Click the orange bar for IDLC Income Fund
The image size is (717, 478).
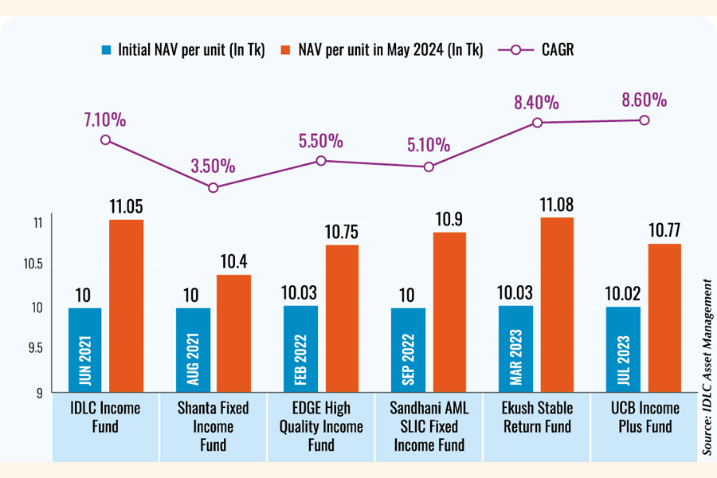tap(126, 307)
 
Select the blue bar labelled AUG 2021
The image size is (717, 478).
tap(193, 351)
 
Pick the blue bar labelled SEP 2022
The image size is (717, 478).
tap(408, 351)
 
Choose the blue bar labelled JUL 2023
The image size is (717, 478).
tap(623, 350)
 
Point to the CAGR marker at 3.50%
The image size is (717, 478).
tap(213, 188)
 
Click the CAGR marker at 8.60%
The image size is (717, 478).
tap(644, 120)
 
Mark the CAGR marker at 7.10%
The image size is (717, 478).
tap(105, 139)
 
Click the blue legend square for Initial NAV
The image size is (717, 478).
tap(107, 49)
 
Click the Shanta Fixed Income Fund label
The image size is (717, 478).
tap(213, 426)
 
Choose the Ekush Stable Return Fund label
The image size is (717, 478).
tap(536, 417)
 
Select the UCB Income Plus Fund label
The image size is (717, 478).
tap(644, 417)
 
